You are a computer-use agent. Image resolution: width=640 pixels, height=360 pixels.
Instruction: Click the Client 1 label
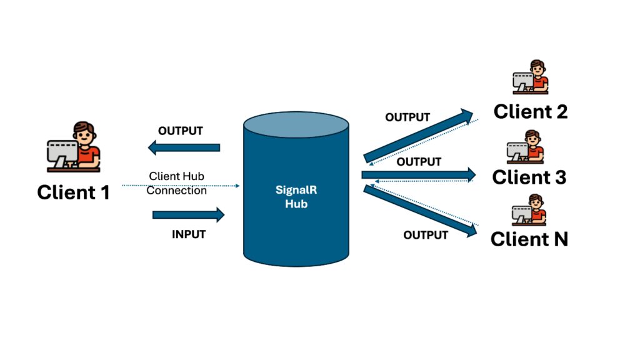73,192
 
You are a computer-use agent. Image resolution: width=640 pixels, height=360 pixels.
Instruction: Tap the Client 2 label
530,111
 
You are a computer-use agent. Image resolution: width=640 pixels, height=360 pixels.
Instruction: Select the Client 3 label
529,177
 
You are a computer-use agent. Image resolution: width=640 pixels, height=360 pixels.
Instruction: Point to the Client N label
529,239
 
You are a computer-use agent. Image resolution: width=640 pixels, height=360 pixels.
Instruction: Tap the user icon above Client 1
74,147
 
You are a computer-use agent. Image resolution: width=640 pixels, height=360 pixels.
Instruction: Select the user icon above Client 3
526,147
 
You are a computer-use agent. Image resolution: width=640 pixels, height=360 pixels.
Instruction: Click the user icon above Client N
529,211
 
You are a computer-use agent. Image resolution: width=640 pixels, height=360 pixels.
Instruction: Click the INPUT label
188,235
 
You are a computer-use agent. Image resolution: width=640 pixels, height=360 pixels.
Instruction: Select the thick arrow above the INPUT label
188,215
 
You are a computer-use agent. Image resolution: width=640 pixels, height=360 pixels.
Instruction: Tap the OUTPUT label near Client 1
181,131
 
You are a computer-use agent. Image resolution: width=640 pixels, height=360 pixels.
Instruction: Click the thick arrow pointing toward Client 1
184,148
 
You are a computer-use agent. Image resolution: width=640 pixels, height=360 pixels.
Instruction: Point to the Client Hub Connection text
176,184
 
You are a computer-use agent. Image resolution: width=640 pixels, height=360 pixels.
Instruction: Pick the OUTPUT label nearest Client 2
407,117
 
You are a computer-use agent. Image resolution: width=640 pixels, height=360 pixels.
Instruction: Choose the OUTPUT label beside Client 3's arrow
419,162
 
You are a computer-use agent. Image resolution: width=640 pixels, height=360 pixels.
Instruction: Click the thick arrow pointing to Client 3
418,175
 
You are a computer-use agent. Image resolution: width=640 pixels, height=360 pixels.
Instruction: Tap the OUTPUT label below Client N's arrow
426,235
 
